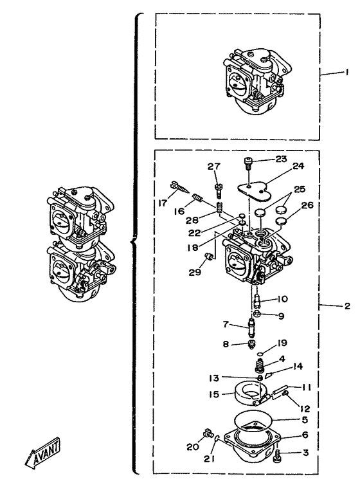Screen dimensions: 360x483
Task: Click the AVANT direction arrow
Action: point(42,451)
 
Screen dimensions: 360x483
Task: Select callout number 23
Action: point(281,159)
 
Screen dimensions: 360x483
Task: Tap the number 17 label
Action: point(163,203)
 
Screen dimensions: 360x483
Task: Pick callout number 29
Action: point(195,272)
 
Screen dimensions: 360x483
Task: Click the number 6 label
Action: point(305,435)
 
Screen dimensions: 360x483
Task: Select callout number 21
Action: point(209,459)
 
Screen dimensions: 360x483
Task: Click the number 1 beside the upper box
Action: point(346,73)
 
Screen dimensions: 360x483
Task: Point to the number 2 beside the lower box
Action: point(347,306)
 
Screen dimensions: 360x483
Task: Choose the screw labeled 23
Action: point(248,163)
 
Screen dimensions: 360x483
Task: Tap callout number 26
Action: point(307,205)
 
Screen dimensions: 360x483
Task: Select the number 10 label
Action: point(282,299)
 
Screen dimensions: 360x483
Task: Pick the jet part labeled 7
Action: point(252,328)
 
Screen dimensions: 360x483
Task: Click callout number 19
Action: point(282,343)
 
